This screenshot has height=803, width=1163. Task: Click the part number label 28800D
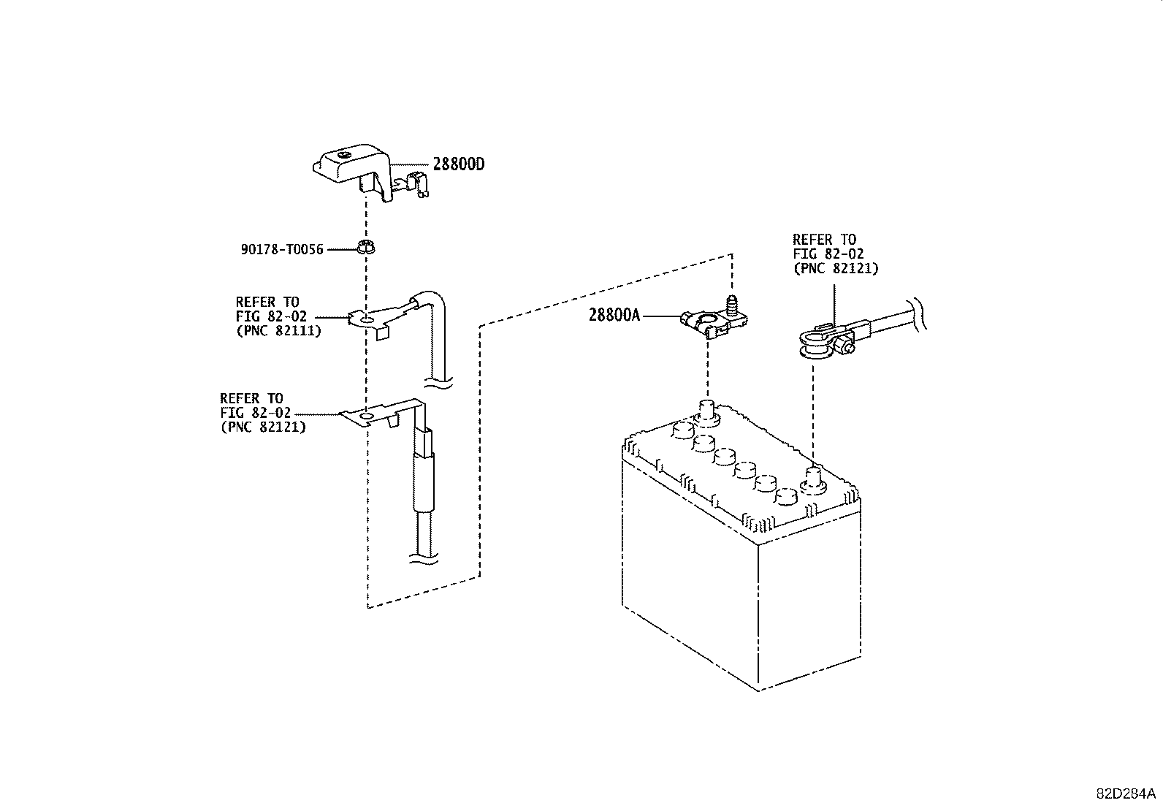(459, 164)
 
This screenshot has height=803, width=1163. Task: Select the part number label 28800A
(614, 315)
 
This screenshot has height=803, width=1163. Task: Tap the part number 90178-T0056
(282, 249)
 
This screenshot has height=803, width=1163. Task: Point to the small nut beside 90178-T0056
(367, 247)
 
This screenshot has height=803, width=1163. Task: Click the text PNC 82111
(279, 330)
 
